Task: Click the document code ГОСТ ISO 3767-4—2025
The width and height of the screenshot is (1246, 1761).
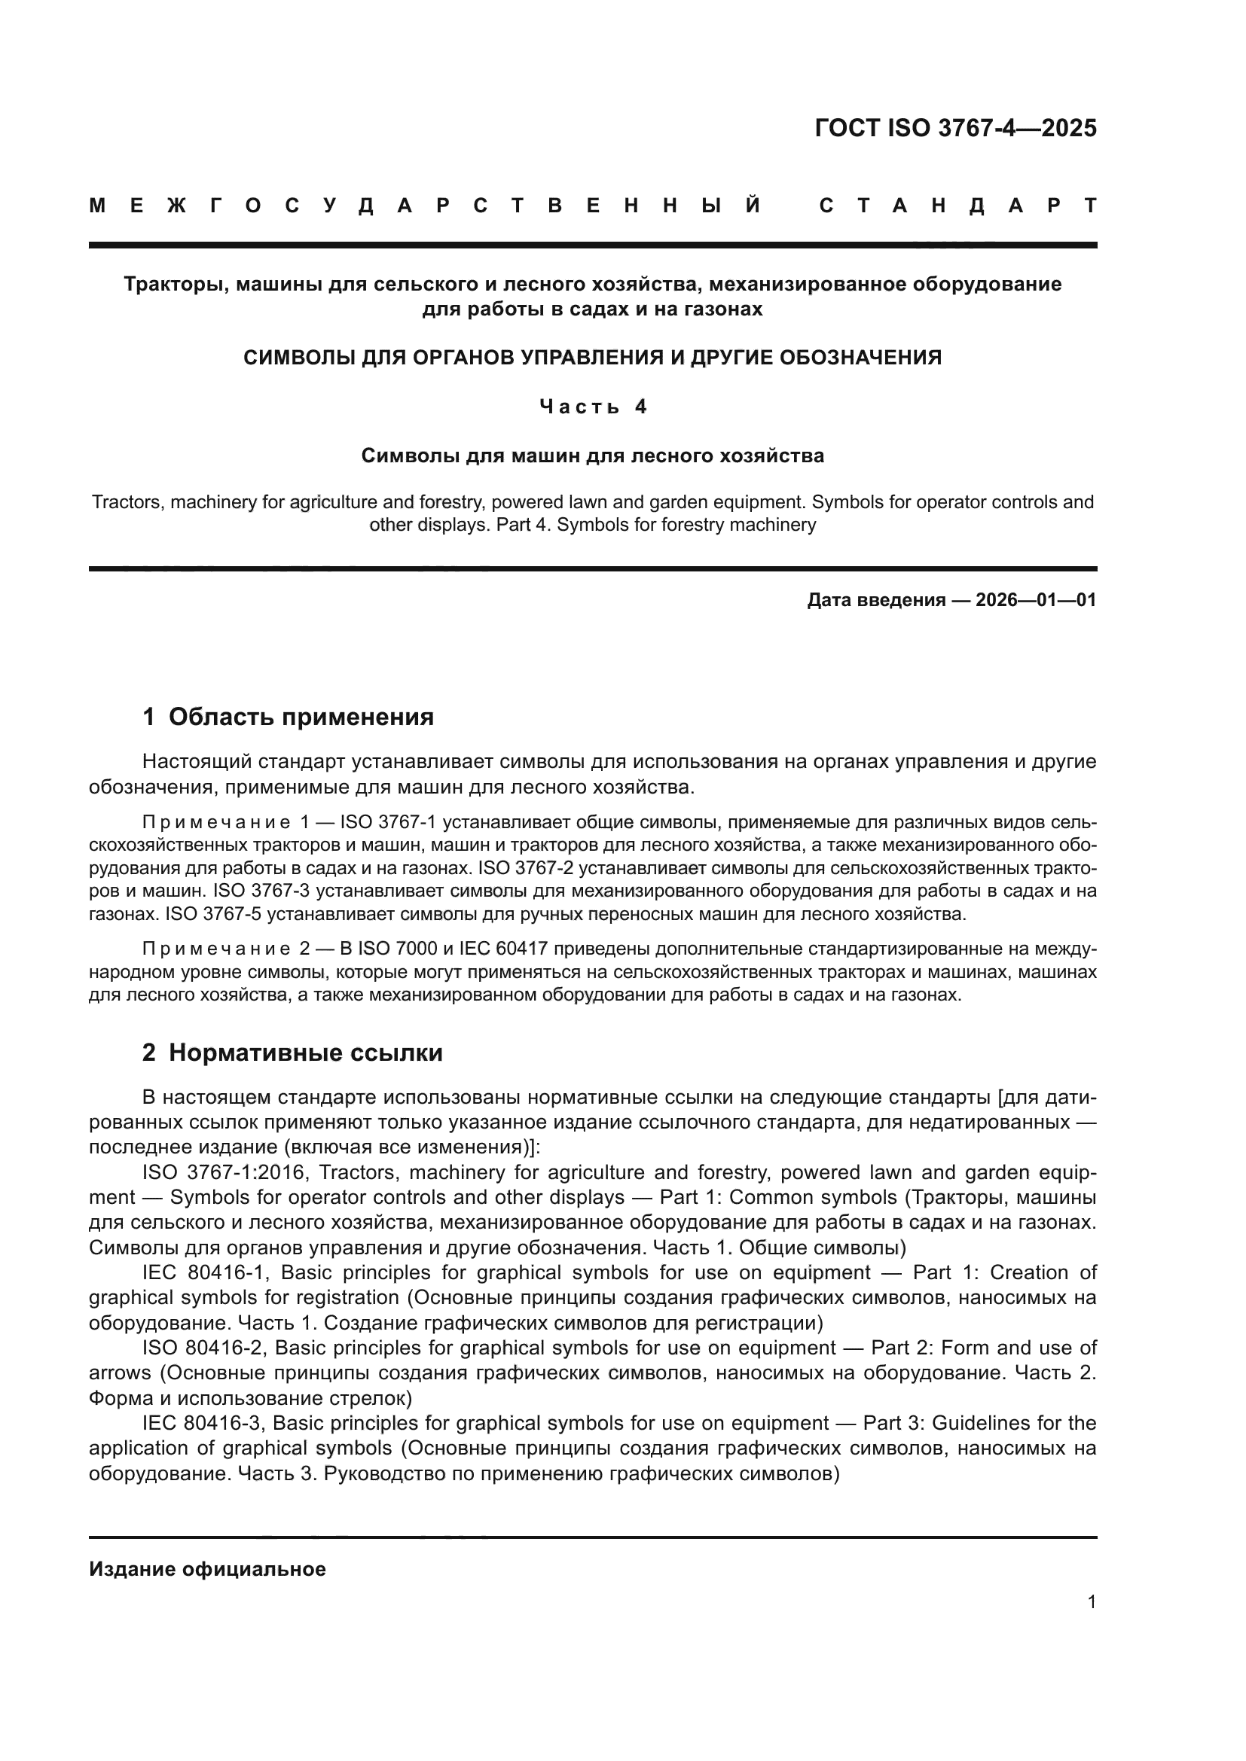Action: [x=955, y=128]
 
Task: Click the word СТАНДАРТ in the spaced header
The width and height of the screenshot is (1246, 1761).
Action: [x=957, y=206]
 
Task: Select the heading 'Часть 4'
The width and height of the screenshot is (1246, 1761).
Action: [x=593, y=407]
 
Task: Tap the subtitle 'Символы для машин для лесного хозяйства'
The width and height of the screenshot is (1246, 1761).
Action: [x=592, y=455]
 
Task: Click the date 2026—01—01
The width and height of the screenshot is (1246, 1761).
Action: [x=1036, y=600]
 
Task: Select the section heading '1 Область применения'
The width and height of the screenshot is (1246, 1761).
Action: [x=288, y=718]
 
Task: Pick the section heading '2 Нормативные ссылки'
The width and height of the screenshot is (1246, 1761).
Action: [x=292, y=1053]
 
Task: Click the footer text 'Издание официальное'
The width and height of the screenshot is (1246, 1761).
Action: [x=207, y=1569]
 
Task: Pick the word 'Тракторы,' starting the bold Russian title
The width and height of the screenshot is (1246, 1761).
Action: [x=176, y=285]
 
